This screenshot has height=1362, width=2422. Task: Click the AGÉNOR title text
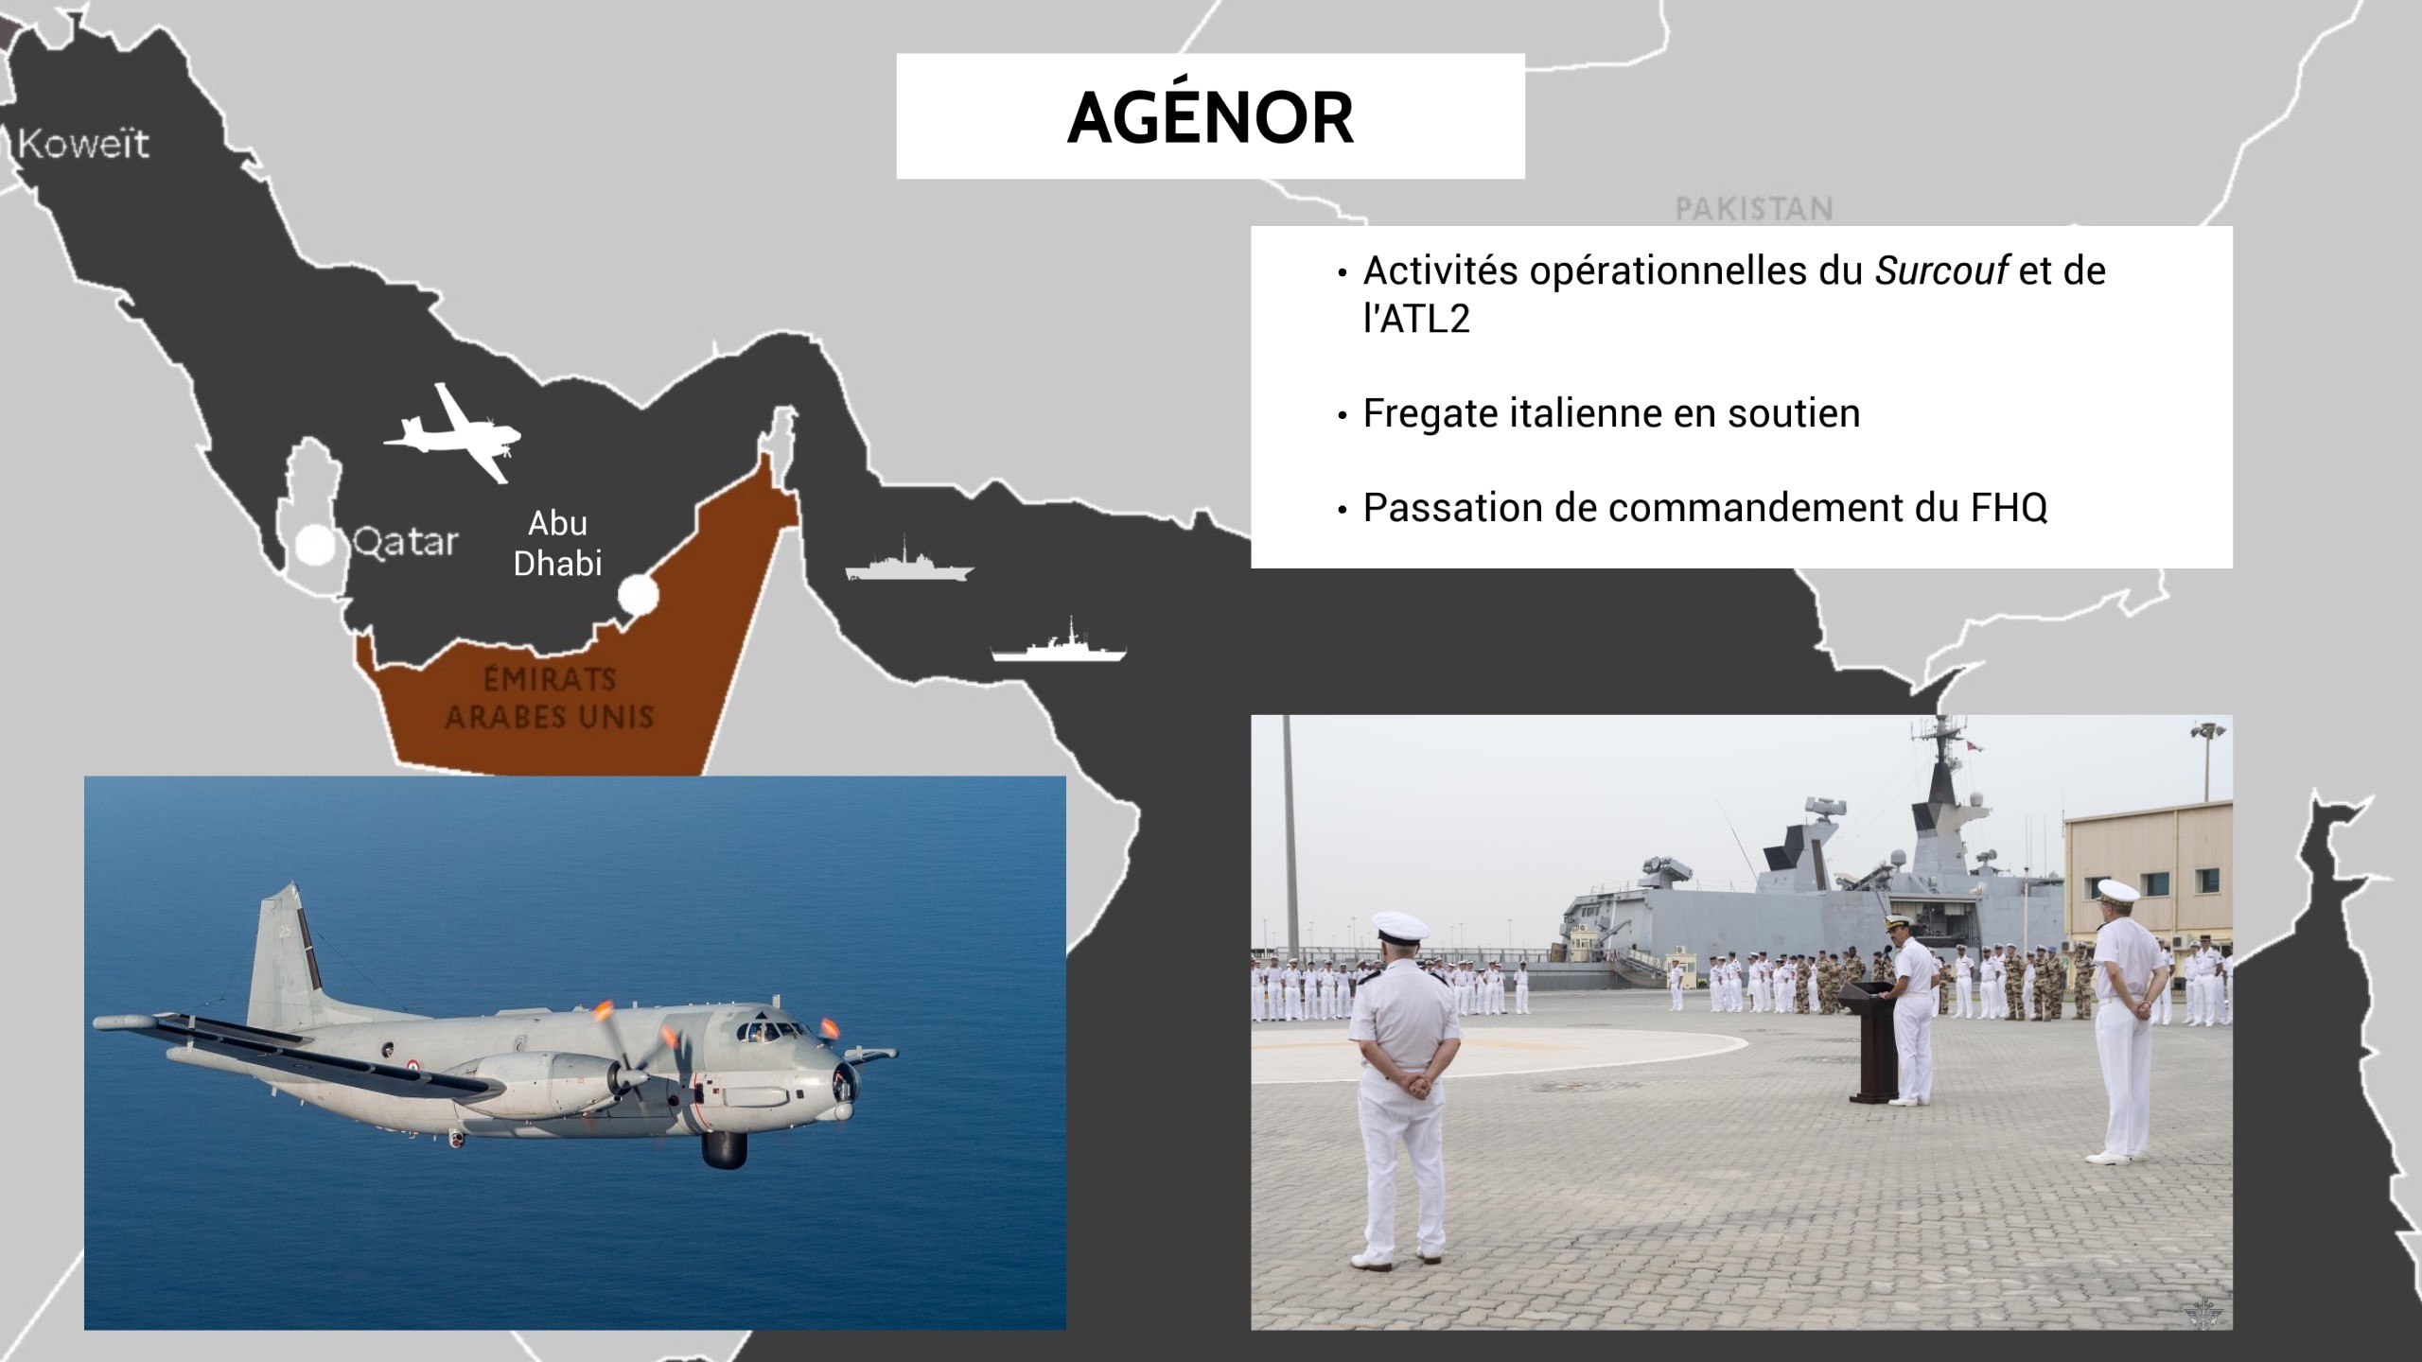(1210, 116)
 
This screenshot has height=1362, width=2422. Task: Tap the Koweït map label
(83, 144)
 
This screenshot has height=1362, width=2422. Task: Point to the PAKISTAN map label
(1754, 208)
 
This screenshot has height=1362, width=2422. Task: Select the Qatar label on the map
(406, 543)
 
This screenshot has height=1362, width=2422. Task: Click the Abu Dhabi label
(557, 543)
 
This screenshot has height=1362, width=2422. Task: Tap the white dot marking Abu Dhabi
(638, 595)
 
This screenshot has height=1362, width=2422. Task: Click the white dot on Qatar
(315, 546)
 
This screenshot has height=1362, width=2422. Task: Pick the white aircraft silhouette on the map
(452, 433)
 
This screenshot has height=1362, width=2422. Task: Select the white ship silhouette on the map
(1059, 645)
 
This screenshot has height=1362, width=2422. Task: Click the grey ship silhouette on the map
(909, 564)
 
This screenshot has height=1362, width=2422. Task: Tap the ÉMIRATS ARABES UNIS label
(549, 698)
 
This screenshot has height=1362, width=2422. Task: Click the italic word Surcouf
(1941, 271)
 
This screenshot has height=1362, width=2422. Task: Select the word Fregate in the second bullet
(1430, 414)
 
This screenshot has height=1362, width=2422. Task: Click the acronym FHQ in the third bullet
(2009, 508)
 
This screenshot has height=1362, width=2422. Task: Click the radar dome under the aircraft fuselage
(724, 1147)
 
